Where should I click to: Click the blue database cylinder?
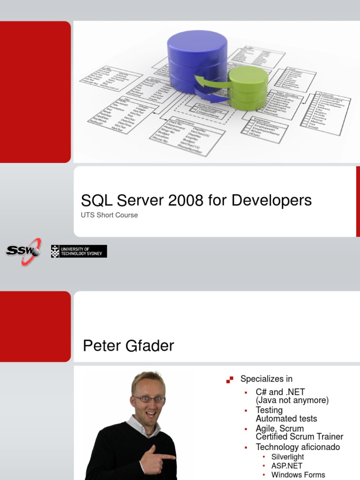pyautogui.click(x=197, y=59)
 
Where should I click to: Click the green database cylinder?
pyautogui.click(x=248, y=88)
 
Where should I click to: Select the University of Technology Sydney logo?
pyautogui.click(x=79, y=251)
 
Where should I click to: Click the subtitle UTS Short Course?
pyautogui.click(x=109, y=215)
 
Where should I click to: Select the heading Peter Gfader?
pyautogui.click(x=128, y=346)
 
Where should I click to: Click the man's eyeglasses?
pyautogui.click(x=149, y=399)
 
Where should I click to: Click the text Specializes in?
pyautogui.click(x=266, y=379)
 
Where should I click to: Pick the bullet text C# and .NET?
pyautogui.click(x=280, y=392)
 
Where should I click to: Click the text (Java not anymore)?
pyautogui.click(x=292, y=400)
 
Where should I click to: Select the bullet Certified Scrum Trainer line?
pyautogui.click(x=300, y=437)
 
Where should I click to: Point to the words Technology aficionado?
pyautogui.click(x=298, y=447)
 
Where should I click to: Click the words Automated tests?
pyautogui.click(x=286, y=419)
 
